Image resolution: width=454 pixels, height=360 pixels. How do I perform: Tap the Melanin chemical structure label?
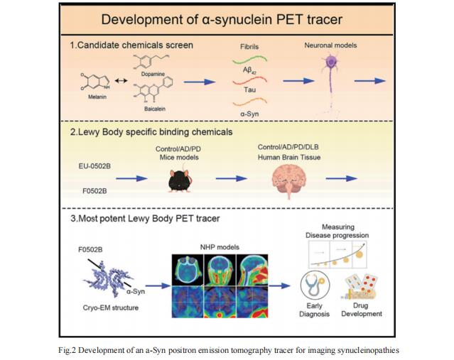tap(97, 97)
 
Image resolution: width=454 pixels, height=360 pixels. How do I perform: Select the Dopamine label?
tap(153, 74)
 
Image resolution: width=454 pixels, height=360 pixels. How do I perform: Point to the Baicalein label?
tap(155, 109)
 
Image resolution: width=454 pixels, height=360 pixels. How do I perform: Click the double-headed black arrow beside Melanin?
tap(121, 80)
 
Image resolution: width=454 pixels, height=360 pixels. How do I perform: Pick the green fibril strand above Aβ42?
tap(249, 60)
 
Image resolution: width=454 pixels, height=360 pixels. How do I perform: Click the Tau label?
tap(249, 89)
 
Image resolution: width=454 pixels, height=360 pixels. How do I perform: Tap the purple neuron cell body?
tap(330, 61)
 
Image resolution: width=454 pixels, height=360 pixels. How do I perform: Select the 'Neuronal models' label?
tap(330, 45)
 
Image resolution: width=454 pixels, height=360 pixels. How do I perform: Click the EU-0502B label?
tap(94, 166)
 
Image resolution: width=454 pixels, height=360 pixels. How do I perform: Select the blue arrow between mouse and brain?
tap(232, 178)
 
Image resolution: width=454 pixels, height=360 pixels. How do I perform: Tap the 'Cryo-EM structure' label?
tap(111, 307)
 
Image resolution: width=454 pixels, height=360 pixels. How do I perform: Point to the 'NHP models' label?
tap(220, 247)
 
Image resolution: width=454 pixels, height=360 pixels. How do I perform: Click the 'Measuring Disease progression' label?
tap(337, 231)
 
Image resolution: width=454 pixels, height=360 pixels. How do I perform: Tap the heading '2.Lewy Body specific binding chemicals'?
tap(151, 132)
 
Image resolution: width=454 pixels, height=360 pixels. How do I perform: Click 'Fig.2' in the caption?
tap(67, 350)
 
